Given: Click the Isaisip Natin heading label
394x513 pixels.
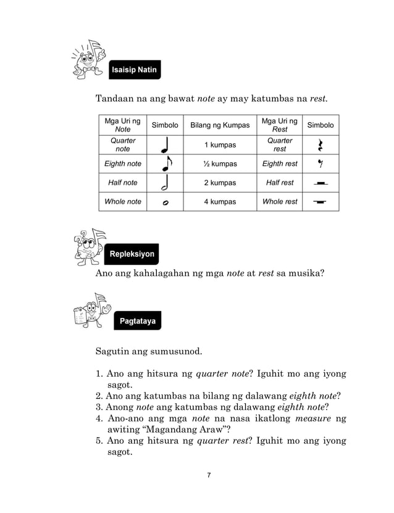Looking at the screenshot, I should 135,70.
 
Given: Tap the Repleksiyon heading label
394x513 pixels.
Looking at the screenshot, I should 132,254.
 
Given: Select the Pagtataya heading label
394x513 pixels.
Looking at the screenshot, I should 136,321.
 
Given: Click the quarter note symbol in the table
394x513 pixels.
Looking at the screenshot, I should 165,146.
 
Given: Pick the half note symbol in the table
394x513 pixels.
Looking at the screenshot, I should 165,183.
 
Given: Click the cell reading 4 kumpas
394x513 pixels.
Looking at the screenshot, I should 220,202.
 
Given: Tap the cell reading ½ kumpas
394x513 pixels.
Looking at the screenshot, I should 220,164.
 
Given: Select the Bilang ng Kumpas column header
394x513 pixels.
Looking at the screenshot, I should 220,125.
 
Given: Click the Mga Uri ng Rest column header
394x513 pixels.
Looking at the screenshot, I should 279,125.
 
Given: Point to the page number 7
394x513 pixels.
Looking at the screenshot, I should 209,475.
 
